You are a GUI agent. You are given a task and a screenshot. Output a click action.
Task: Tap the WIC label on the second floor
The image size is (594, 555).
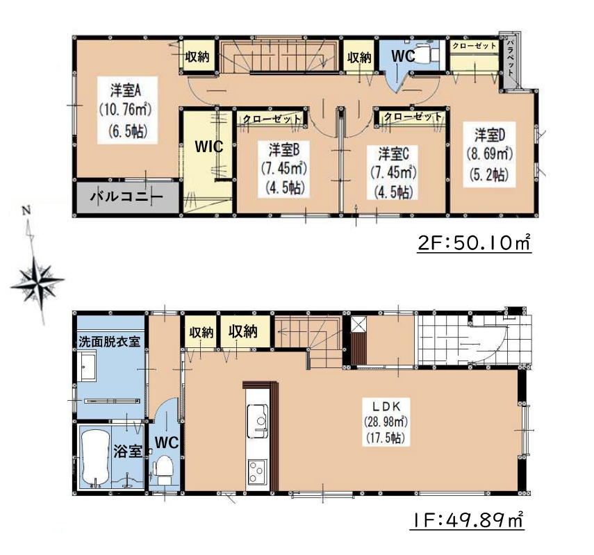tap(208, 147)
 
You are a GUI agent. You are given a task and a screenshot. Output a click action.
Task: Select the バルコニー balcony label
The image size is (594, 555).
tap(126, 197)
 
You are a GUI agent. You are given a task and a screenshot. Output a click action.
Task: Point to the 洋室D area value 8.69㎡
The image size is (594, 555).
tap(489, 154)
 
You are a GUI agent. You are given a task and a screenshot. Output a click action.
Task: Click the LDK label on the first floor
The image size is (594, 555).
tap(385, 406)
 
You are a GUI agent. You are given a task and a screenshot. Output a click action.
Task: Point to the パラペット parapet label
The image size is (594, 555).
tap(510, 57)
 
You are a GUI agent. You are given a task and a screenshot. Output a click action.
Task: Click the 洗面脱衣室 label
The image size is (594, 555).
tap(110, 342)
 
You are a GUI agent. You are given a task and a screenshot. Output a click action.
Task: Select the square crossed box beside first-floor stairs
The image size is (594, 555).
tap(358, 324)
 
